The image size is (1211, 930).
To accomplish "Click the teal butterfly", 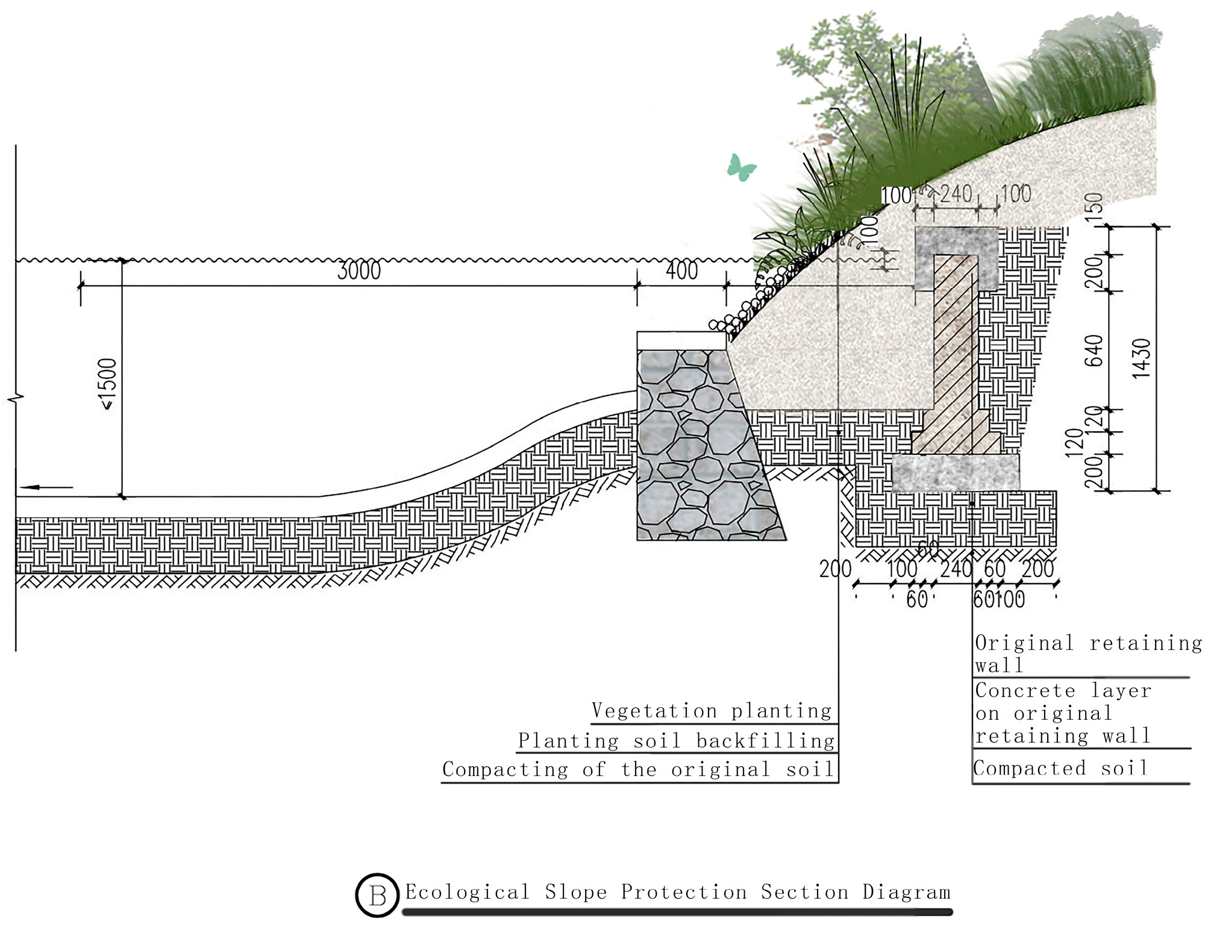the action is point(741,167).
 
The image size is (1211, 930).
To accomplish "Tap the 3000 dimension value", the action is point(359,271).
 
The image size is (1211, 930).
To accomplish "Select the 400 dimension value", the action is point(681,271).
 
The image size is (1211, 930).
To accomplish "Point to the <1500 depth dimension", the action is point(108,384).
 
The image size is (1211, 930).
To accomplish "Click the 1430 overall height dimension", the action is point(1141,358).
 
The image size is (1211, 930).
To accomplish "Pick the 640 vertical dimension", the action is point(1094,351).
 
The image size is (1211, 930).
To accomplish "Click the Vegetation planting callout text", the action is point(712,711).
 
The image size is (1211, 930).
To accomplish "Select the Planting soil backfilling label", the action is point(676,740).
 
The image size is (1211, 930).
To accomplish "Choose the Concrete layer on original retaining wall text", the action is point(1063,713).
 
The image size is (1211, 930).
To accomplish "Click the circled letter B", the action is point(377,895).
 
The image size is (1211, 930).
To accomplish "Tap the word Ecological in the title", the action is point(468,892).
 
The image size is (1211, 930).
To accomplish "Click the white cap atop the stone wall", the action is point(681,340).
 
